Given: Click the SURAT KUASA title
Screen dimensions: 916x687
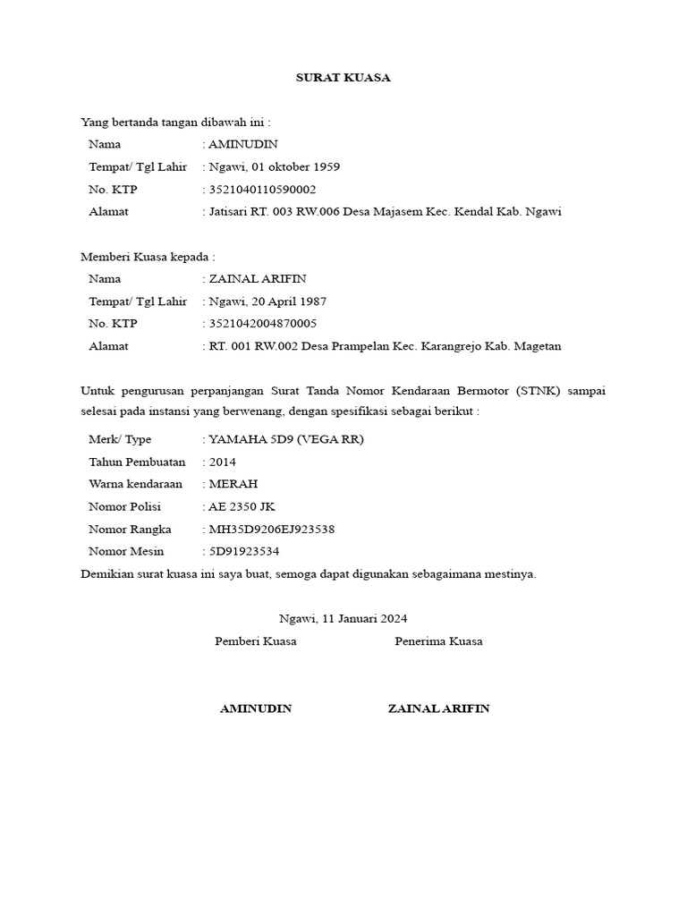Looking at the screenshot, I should pos(343,78).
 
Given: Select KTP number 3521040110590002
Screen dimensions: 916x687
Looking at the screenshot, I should pos(262,190).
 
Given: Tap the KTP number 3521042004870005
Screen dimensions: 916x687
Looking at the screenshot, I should pos(262,324).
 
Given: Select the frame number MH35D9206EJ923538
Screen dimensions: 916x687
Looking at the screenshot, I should pos(272,529).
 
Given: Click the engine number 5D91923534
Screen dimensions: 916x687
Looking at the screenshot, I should pos(243,551).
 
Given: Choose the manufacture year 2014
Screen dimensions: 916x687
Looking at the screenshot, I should pos(223,462).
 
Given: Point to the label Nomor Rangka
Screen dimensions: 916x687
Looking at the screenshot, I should pos(130,529).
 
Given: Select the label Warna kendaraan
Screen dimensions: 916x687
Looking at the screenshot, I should pos(135,484).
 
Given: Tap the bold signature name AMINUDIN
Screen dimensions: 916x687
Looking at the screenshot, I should pos(256,708).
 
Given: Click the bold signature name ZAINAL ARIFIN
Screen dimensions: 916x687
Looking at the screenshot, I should pos(438,708).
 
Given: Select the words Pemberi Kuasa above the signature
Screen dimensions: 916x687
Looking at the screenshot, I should pos(256,641).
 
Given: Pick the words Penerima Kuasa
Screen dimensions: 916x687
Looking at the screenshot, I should pos(438,641).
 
